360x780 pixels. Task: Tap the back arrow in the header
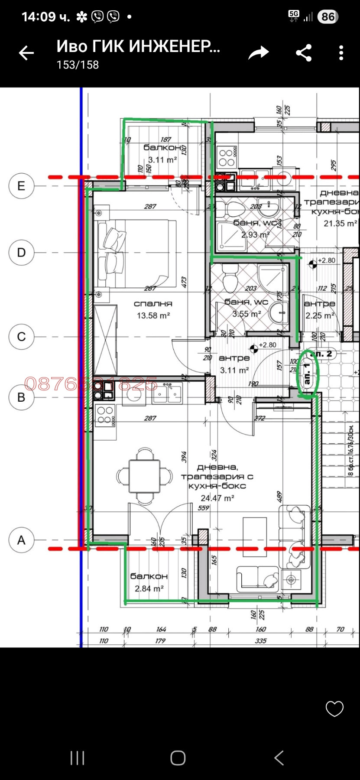tap(26, 53)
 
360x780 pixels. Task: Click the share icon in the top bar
tap(304, 53)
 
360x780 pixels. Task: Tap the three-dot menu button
tap(341, 53)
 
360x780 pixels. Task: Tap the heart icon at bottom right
tap(334, 708)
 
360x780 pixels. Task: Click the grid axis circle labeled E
tap(21, 186)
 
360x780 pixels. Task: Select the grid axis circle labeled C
tap(21, 337)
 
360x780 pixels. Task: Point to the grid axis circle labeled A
tap(21, 540)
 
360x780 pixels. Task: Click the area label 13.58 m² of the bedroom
tap(153, 316)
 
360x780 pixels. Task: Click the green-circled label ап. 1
tap(308, 374)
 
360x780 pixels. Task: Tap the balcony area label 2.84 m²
tap(149, 588)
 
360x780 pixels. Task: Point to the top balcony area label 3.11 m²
tap(162, 160)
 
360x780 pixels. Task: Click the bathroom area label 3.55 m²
tap(246, 314)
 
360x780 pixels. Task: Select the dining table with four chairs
tap(145, 476)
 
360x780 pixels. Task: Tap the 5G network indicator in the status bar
tap(294, 16)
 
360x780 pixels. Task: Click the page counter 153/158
tap(78, 65)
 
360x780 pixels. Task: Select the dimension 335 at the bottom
tap(261, 640)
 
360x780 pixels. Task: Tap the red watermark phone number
tap(91, 383)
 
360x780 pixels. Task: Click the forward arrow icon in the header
tap(258, 53)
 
